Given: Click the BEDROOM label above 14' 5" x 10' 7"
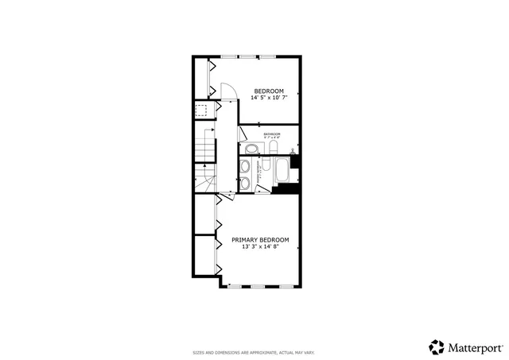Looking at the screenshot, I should coord(269,91).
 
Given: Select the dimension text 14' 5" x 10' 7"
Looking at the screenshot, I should coord(269,99).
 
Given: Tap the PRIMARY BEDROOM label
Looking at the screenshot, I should coord(260,239).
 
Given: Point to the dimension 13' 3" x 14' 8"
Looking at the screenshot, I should coord(260,247).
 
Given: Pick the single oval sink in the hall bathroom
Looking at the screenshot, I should coord(251,149).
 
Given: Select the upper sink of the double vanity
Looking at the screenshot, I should coord(246,167).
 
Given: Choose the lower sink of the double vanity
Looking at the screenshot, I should coord(246,184).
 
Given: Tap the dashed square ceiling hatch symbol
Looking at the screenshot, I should coord(202,110).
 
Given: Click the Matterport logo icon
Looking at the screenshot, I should coord(437,347).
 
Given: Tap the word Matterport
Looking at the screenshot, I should coord(475,347).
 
